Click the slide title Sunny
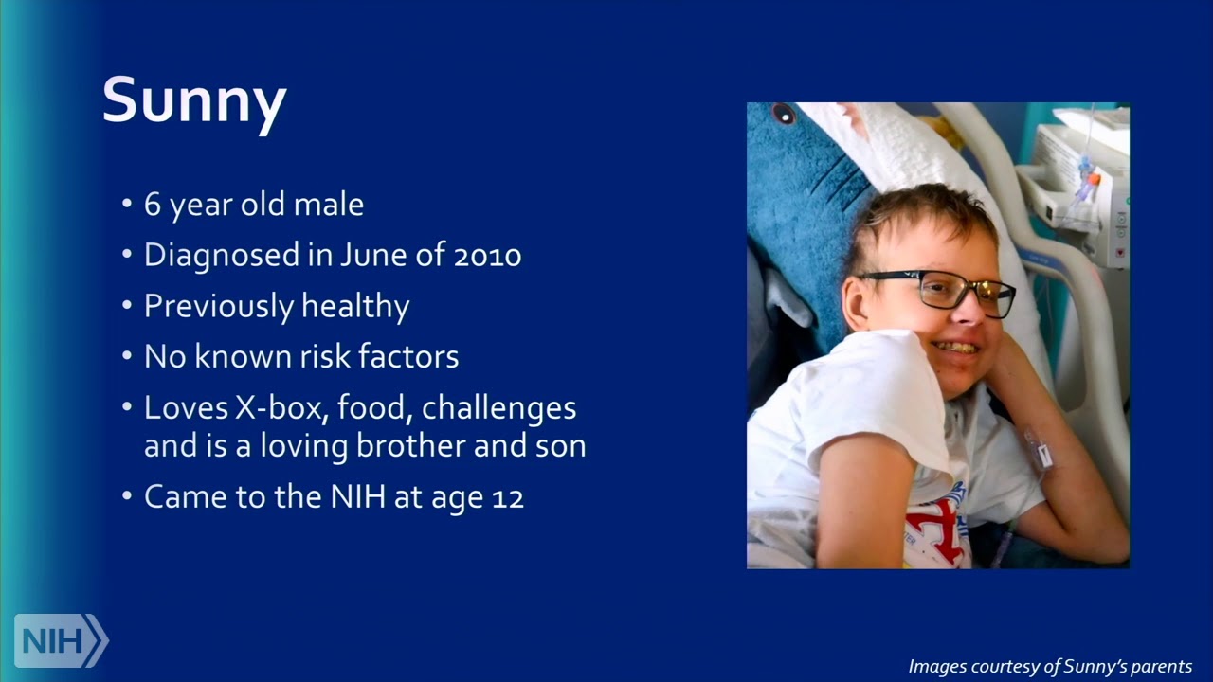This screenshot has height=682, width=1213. point(194,100)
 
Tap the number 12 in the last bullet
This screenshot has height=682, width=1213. point(508,497)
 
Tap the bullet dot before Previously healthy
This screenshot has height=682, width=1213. point(127,306)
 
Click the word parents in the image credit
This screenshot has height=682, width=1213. point(1160,667)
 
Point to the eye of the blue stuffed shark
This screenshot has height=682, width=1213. point(784,115)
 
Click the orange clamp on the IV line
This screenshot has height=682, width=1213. point(1094,179)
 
